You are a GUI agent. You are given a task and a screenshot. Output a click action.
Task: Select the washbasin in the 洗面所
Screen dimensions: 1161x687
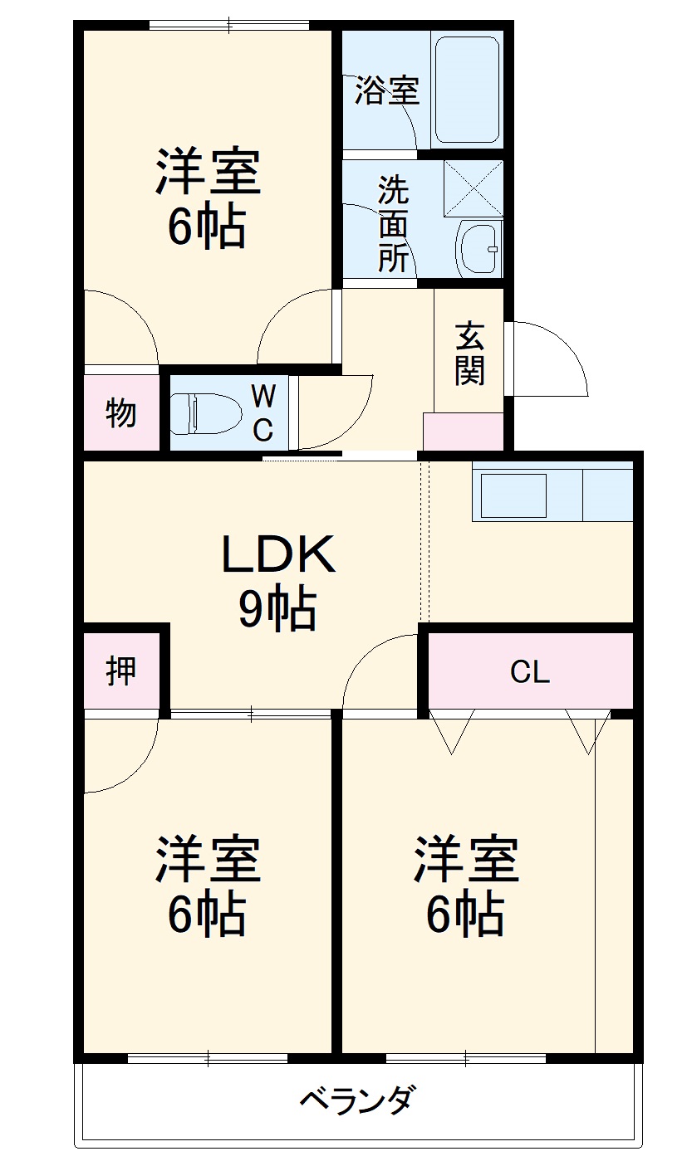pyautogui.click(x=479, y=248)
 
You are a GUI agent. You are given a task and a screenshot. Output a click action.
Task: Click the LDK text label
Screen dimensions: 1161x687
pyautogui.click(x=277, y=555)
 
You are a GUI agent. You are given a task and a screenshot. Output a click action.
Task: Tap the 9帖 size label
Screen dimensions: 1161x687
pyautogui.click(x=277, y=611)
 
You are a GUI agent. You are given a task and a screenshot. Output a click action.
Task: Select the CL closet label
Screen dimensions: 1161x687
pyautogui.click(x=530, y=672)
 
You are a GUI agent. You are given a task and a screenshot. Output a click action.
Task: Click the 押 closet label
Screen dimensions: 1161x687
pyautogui.click(x=121, y=670)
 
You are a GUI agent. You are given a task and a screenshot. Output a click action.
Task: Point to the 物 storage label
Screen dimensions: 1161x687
pyautogui.click(x=121, y=412)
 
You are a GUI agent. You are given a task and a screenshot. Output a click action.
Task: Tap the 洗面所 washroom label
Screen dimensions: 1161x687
pyautogui.click(x=394, y=224)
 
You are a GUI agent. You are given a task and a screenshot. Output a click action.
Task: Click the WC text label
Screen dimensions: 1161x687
pyautogui.click(x=263, y=413)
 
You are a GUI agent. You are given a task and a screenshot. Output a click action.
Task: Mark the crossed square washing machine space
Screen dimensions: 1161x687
pyautogui.click(x=474, y=189)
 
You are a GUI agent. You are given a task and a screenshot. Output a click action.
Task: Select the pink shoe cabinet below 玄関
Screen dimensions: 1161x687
pyautogui.click(x=463, y=432)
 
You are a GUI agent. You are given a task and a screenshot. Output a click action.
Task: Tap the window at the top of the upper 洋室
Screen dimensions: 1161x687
pyautogui.click(x=229, y=25)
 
